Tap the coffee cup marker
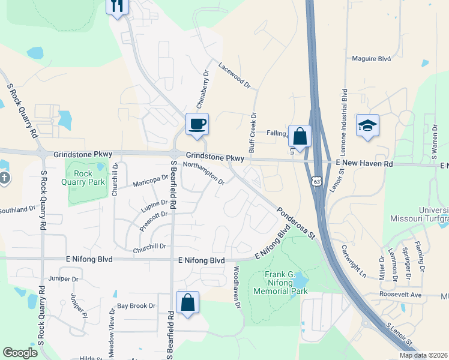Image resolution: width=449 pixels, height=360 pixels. pos(197,124)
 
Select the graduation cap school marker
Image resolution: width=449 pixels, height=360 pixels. pos(367,126)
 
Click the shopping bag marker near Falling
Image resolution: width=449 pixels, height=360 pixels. pos(300,136)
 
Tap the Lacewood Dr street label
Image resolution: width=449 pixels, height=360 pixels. pos(234,76)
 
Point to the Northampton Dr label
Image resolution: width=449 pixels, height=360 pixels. pos(203,173)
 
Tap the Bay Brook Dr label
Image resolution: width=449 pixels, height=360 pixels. pos(136,306)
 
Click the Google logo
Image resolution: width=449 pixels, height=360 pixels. pos(20,353)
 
